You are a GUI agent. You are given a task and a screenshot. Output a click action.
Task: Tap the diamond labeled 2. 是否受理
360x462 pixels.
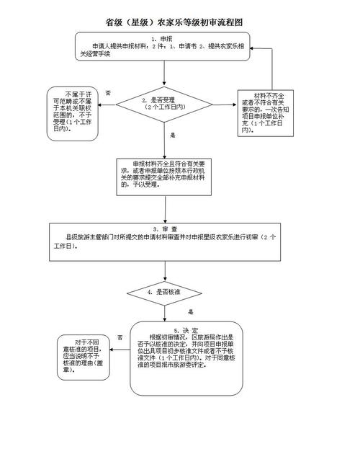pos(165,105)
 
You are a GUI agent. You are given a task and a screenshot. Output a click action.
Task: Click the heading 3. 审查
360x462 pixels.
pos(165,228)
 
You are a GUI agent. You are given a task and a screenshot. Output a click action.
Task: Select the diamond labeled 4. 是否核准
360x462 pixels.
pos(164,293)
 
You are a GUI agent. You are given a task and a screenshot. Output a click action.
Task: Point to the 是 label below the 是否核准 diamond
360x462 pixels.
pos(191,312)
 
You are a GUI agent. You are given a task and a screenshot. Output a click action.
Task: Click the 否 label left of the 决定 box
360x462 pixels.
pos(120,337)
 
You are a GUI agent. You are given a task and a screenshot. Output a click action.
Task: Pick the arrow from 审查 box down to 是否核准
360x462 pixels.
pos(165,267)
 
